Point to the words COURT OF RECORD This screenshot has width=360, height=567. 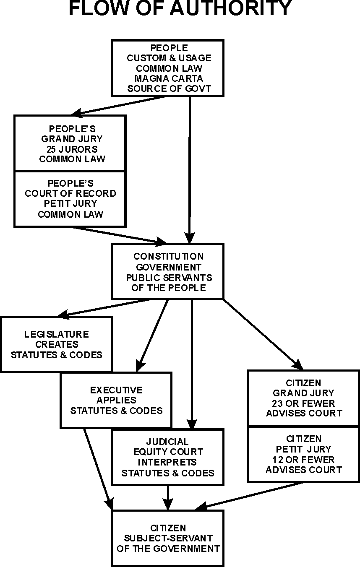(x=70, y=194)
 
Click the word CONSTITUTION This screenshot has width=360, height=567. (x=168, y=256)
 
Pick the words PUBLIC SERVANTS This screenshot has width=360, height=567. (x=169, y=278)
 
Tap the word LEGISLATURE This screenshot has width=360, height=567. (x=57, y=334)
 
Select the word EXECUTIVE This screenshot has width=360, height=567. (x=116, y=390)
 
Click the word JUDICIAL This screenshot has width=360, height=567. (x=167, y=442)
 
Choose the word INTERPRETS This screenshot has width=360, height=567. (x=168, y=463)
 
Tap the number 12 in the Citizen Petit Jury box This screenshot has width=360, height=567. (x=279, y=459)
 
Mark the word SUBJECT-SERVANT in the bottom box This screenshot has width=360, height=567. (x=168, y=538)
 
